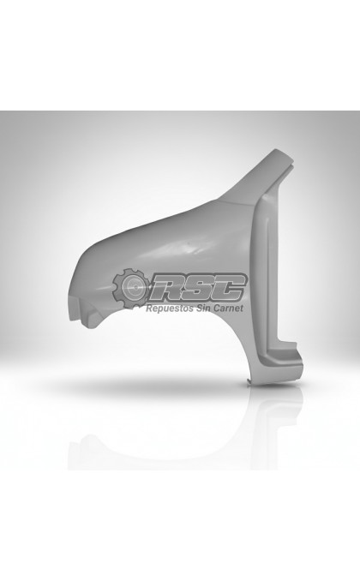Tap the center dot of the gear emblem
click(x=135, y=287)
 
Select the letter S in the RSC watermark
click(x=201, y=288)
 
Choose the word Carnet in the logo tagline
click(x=228, y=308)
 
